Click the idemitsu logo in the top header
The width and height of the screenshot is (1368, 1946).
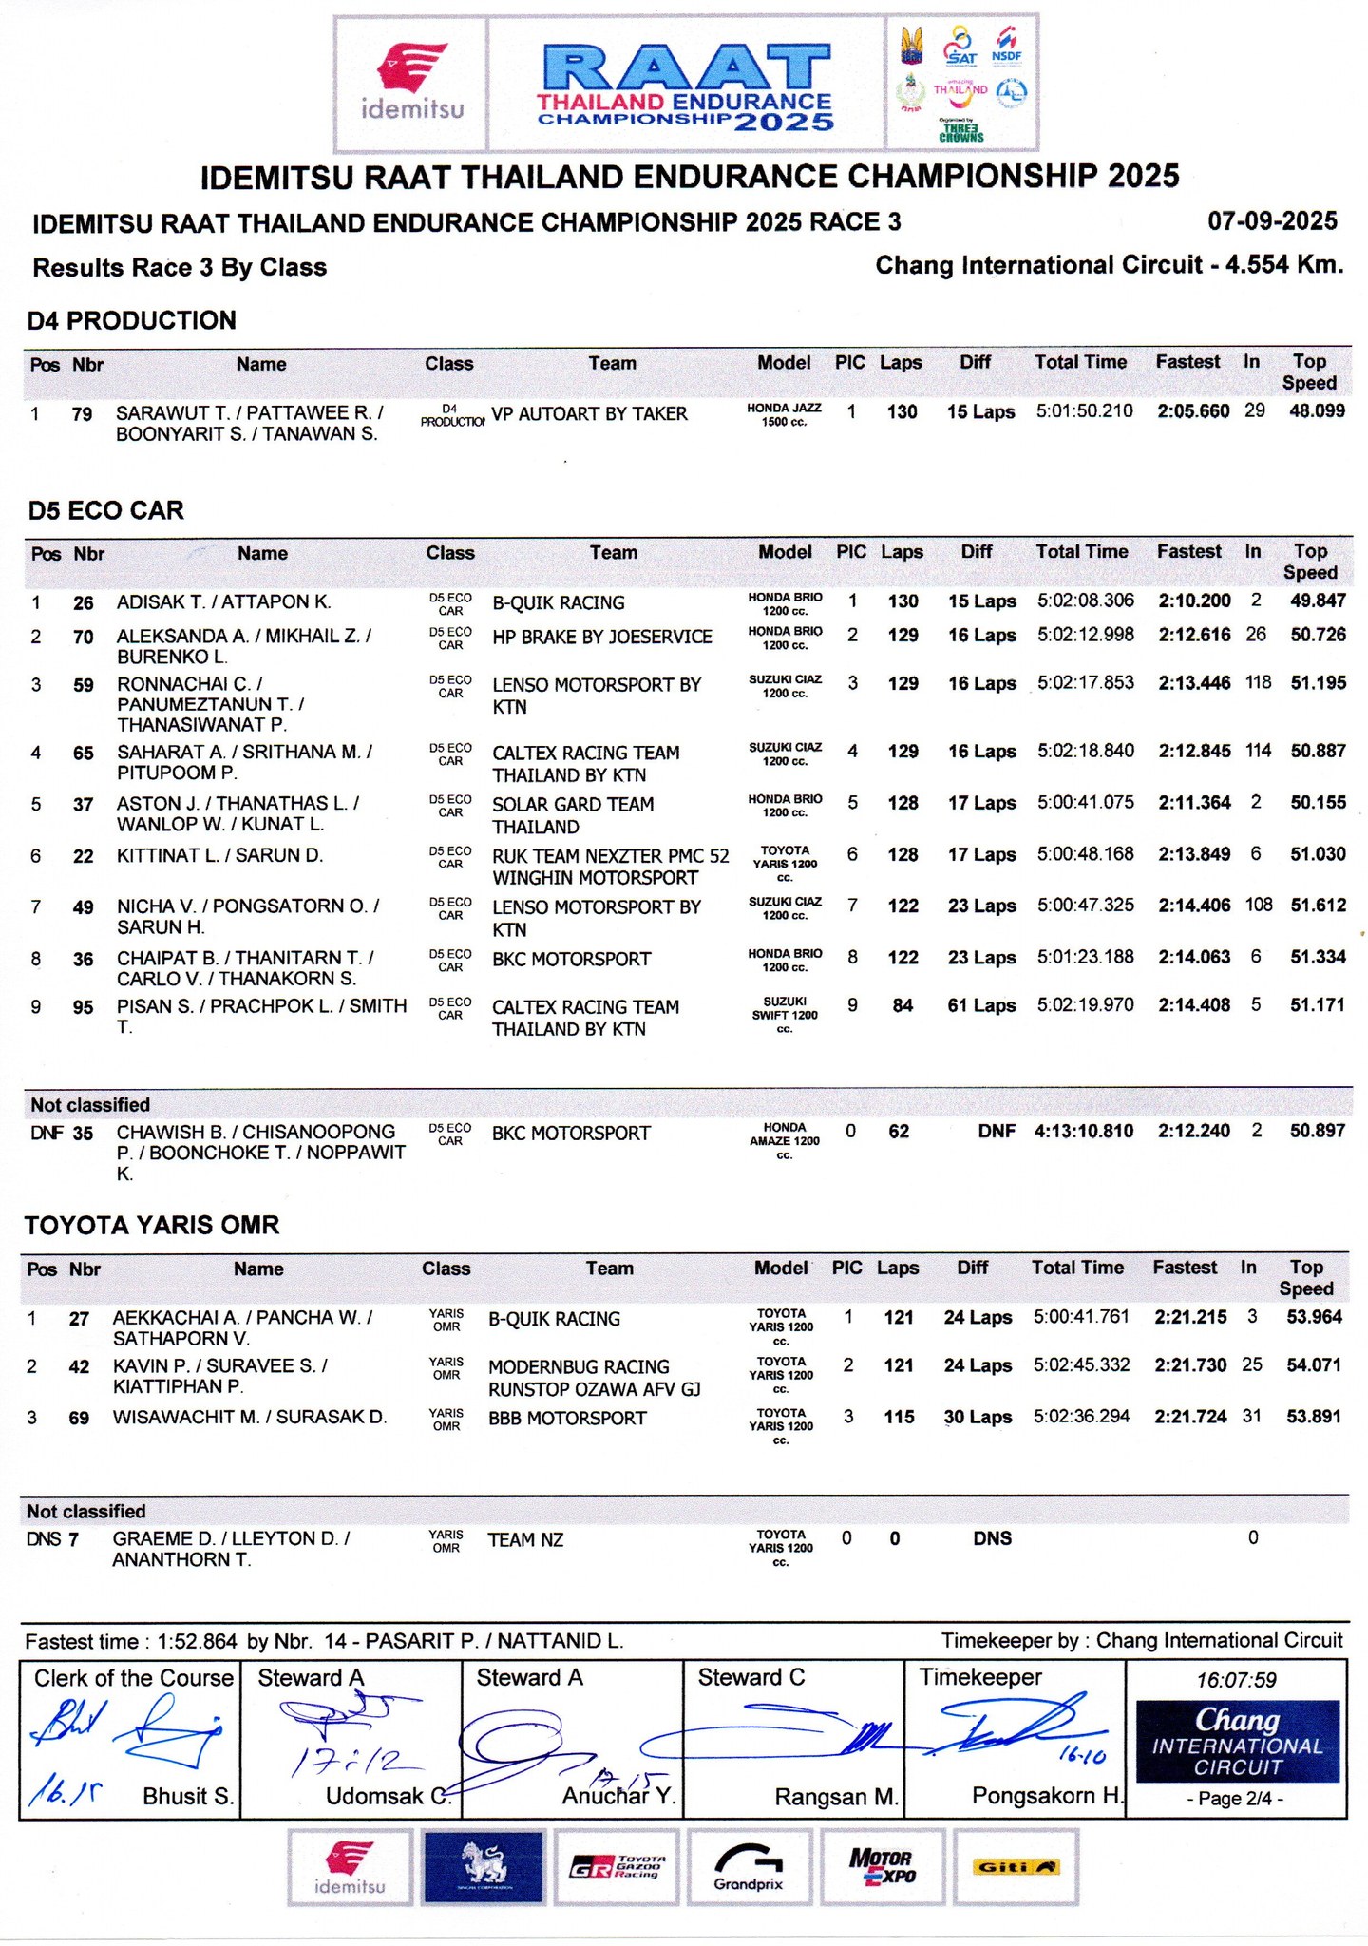[x=411, y=83]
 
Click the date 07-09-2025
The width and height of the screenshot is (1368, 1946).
[x=1272, y=221]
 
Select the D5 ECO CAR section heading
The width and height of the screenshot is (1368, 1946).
[x=105, y=510]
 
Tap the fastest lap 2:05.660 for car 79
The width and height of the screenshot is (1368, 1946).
[x=1193, y=411]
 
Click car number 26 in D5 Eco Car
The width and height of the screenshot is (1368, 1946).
[x=84, y=602]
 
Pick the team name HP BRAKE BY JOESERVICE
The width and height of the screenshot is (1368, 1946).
[x=601, y=637]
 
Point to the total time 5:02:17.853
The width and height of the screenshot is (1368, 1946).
[x=1085, y=683]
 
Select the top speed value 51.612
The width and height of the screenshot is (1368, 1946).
[x=1318, y=906]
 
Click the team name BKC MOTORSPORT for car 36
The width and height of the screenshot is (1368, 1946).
[x=571, y=959]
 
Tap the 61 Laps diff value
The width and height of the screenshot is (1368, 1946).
[x=981, y=1005]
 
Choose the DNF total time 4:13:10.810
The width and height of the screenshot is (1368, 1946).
[x=1083, y=1131]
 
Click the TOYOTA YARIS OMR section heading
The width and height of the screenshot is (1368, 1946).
[x=152, y=1225]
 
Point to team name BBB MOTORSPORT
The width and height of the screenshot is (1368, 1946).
[x=567, y=1418]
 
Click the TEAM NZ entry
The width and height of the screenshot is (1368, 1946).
[x=525, y=1539]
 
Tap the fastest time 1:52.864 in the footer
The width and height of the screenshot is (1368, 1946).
[x=197, y=1641]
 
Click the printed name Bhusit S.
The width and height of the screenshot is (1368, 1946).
[x=188, y=1796]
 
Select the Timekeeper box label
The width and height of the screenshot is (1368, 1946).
[x=979, y=1677]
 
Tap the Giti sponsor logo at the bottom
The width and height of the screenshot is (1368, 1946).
[x=1016, y=1867]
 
